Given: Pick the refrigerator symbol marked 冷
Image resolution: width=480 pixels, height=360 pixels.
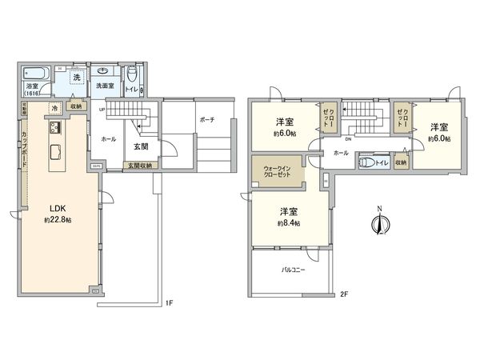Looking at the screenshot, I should [54, 107].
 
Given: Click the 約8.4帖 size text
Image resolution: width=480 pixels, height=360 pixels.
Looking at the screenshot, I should [289, 222].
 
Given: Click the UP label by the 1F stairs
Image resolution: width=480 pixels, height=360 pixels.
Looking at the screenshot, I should [102, 110].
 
